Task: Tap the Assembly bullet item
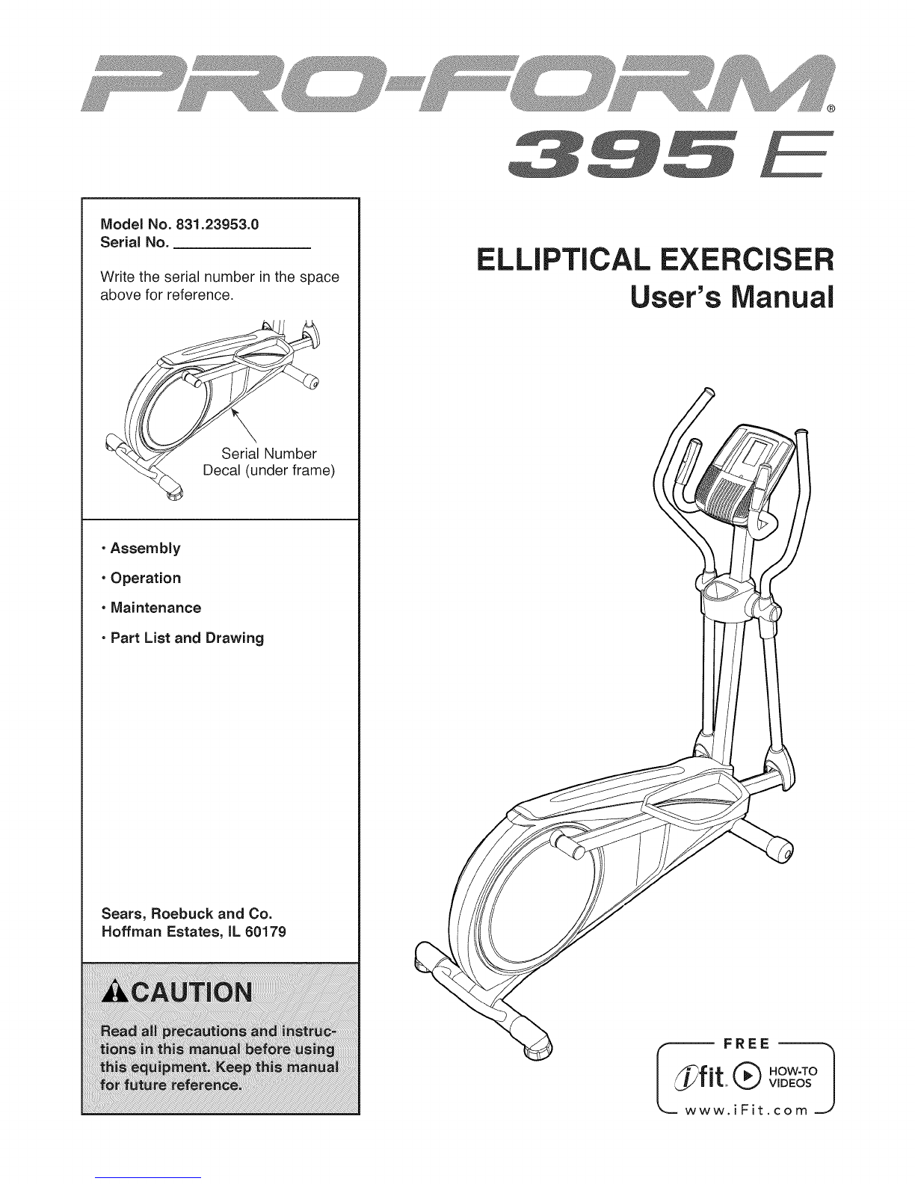[145, 548]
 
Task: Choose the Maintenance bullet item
[155, 608]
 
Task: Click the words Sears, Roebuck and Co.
[185, 913]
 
